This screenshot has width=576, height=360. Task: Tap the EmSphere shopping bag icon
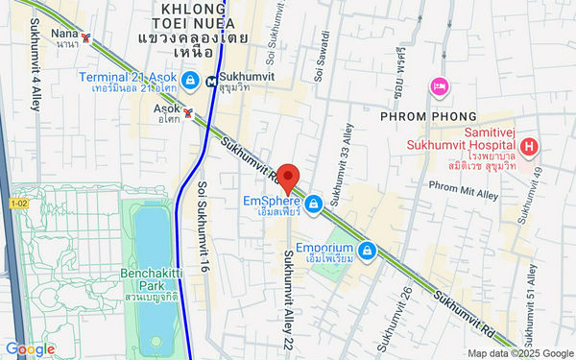314,203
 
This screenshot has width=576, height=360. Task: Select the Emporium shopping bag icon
366,251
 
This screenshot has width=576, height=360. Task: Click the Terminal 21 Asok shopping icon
191,79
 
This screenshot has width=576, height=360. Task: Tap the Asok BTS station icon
188,112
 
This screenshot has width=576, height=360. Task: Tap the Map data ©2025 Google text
518,352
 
